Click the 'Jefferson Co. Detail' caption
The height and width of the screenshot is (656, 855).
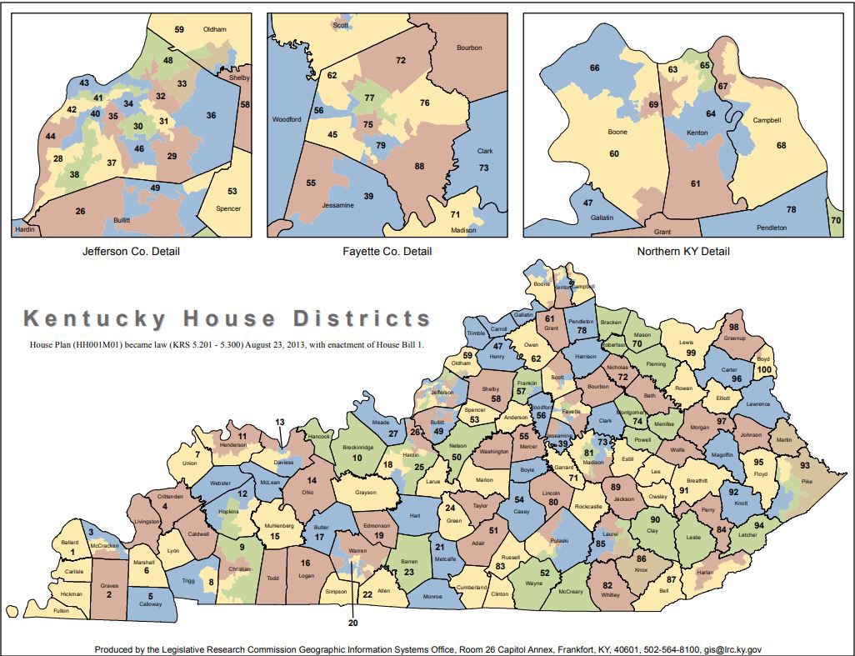click(130, 251)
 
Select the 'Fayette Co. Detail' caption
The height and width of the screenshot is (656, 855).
click(387, 251)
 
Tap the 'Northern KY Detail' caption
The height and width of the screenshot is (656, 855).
click(682, 251)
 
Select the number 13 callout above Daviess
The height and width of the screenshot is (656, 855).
click(280, 422)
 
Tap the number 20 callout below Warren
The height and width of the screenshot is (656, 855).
click(352, 622)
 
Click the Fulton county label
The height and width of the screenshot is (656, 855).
click(61, 611)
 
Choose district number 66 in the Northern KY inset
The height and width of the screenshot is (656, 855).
click(595, 68)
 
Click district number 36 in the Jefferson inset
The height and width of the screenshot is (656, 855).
click(211, 115)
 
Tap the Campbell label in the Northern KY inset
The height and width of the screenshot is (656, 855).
click(767, 120)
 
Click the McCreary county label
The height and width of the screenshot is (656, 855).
click(570, 592)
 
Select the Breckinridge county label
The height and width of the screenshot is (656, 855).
click(357, 448)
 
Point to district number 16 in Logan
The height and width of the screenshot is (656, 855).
click(305, 563)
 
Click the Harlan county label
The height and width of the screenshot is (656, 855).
click(705, 573)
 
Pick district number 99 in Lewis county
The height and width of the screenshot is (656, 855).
click(691, 353)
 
